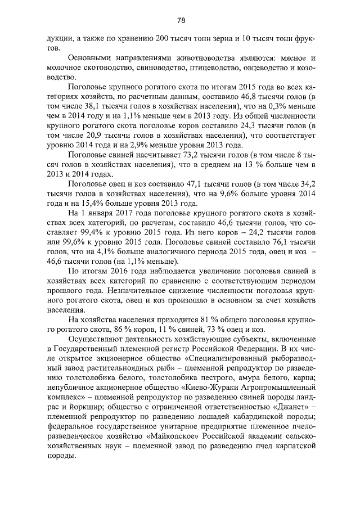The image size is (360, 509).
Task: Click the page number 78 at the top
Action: click(x=181, y=21)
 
